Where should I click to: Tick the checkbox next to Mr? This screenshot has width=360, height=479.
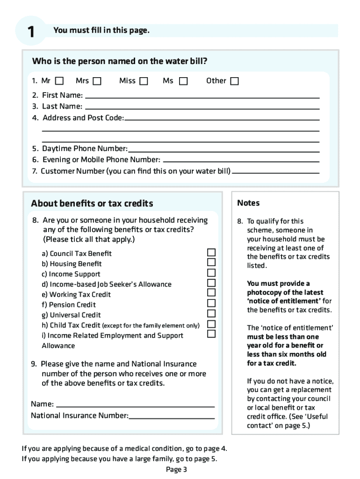pyautogui.click(x=60, y=81)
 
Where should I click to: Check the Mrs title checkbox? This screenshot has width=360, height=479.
pyautogui.click(x=97, y=81)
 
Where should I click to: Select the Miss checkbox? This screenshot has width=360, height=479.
pyautogui.click(x=144, y=81)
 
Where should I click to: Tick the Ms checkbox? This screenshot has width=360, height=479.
pyautogui.click(x=183, y=81)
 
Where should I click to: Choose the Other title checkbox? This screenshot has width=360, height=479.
pyautogui.click(x=234, y=81)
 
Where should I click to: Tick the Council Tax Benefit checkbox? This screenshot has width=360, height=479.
pyautogui.click(x=211, y=252)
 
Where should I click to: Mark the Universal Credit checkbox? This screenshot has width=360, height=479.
pyautogui.click(x=211, y=313)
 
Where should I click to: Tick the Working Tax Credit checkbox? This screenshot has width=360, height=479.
pyautogui.click(x=211, y=293)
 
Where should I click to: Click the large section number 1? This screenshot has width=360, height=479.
pyautogui.click(x=30, y=32)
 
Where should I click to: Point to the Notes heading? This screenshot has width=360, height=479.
pyautogui.click(x=248, y=203)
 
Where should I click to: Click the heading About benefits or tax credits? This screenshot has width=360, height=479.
pyautogui.click(x=92, y=203)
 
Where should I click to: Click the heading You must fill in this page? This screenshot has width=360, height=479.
pyautogui.click(x=101, y=30)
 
